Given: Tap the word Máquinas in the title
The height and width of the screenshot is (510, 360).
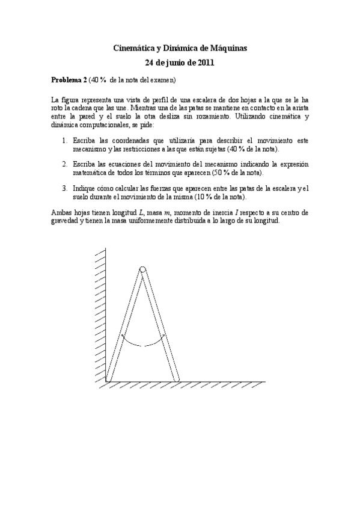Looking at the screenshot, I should (x=226, y=48).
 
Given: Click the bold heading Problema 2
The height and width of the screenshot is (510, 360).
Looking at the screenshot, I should (x=70, y=80).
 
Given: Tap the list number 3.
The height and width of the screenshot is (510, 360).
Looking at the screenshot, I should (x=65, y=189).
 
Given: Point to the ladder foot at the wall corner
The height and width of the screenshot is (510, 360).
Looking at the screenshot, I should (x=108, y=379).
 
